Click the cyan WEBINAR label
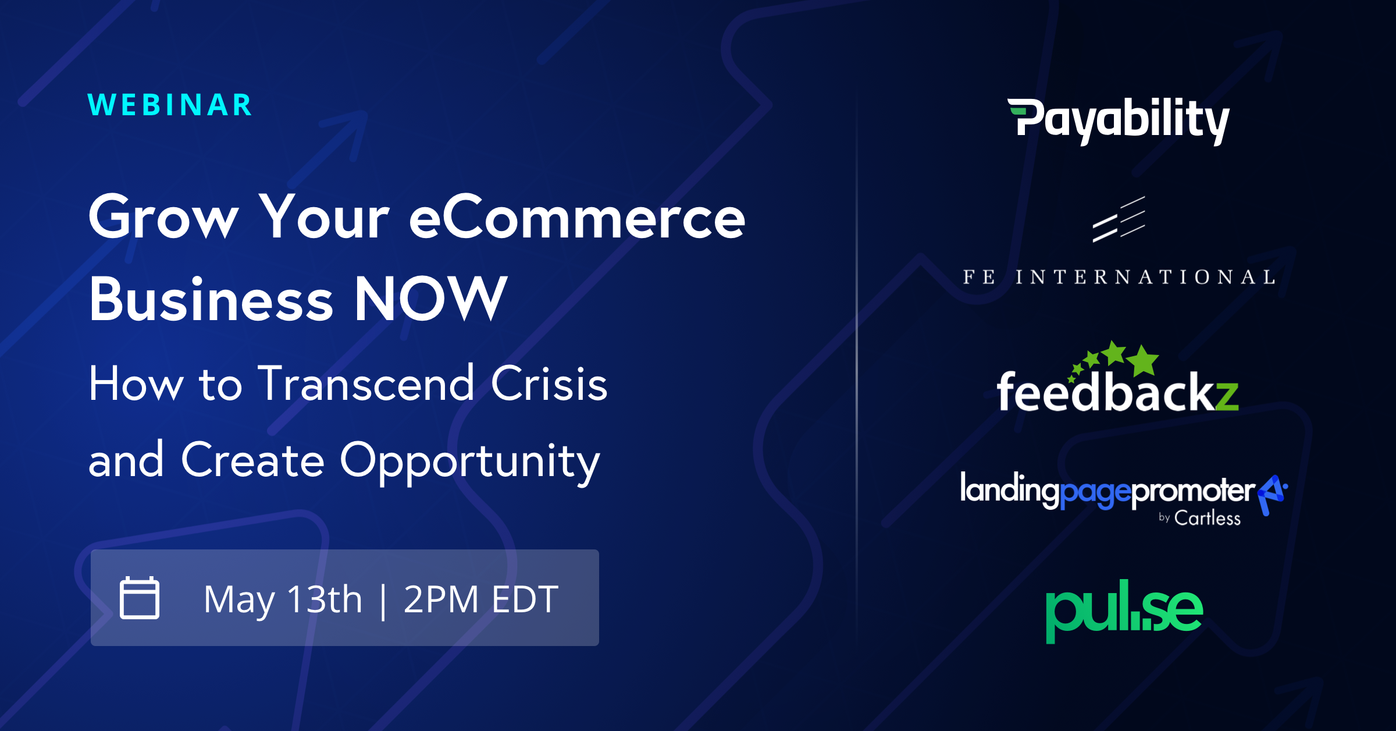(x=170, y=105)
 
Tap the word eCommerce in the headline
(x=577, y=217)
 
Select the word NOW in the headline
(x=431, y=299)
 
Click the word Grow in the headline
(x=163, y=217)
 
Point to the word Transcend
(x=366, y=384)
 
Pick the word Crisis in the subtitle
(x=549, y=384)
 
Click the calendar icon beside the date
(x=140, y=597)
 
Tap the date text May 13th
(x=283, y=599)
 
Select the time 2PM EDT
(x=481, y=599)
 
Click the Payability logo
(x=1119, y=120)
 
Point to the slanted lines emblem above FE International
(x=1119, y=219)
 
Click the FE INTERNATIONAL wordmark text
(x=1119, y=277)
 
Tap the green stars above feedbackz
(x=1113, y=361)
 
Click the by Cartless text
(x=1199, y=518)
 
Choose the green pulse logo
(x=1124, y=611)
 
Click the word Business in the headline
(x=211, y=299)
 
